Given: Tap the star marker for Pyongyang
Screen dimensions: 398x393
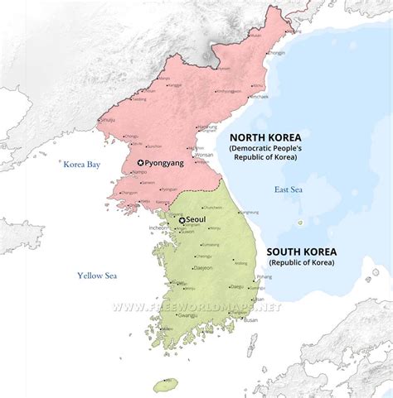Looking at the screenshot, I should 141,163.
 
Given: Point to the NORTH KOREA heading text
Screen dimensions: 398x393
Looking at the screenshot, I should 264,137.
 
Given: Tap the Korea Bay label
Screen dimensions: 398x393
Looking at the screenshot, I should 82,165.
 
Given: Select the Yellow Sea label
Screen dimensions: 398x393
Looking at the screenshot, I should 98,276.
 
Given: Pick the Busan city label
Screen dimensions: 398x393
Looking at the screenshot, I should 251,318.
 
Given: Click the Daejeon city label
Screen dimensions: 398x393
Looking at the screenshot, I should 202,268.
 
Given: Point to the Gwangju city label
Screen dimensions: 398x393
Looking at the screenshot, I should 187,315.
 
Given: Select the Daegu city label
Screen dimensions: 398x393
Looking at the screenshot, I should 236,286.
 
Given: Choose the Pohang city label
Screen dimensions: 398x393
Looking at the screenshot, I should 264,276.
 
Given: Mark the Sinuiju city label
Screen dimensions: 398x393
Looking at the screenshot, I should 106,120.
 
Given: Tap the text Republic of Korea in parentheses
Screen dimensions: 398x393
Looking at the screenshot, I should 299,263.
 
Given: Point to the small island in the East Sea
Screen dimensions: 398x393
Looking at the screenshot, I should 300,222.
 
